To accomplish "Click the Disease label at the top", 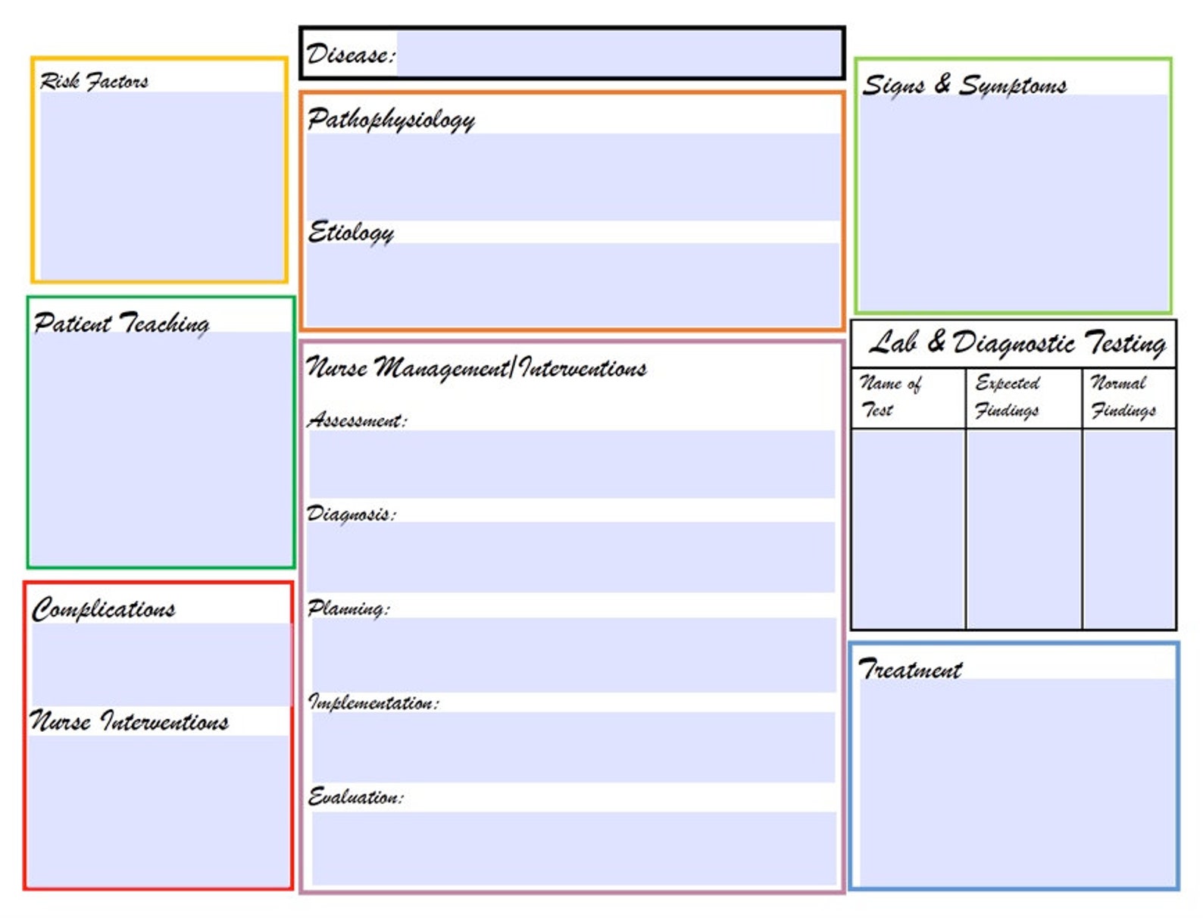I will (350, 55).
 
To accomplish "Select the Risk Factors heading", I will (94, 81).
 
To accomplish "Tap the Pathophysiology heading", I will (391, 119).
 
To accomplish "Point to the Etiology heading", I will (351, 232).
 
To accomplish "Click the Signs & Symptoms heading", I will (964, 84).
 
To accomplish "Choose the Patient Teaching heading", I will (121, 324).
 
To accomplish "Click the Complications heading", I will (104, 609).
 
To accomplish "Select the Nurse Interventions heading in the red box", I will (130, 721).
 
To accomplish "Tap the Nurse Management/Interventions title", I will (477, 368).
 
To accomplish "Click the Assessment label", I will (357, 420).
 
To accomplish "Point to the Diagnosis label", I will (351, 514).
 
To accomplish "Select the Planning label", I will (348, 608).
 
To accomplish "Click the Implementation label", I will (373, 702).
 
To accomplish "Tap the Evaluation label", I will (355, 797).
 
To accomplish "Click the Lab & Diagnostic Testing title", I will (1017, 343).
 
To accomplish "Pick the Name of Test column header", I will (891, 396).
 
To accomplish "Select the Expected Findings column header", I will (1007, 396).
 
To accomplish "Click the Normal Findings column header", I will (1123, 396).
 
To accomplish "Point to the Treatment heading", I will (910, 669).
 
